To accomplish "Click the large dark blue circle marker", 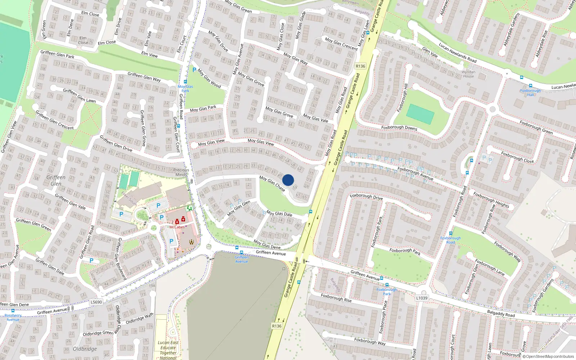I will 288,180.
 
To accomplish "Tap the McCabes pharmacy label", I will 177,227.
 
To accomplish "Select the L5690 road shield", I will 96,302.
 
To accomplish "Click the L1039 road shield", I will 422,298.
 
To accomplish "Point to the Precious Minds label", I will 181,172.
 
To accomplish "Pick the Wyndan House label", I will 468,74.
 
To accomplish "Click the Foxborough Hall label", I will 530,93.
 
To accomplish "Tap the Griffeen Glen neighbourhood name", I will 56,180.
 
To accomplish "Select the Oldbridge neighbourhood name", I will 85,349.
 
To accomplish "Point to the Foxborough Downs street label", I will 399,127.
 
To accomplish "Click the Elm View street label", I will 149,54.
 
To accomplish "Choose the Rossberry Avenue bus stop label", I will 13,317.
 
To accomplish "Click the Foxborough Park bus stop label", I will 387,292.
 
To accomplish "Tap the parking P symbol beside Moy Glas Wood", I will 194,70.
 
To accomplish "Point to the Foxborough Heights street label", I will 491,200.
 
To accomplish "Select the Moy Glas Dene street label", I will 267,244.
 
